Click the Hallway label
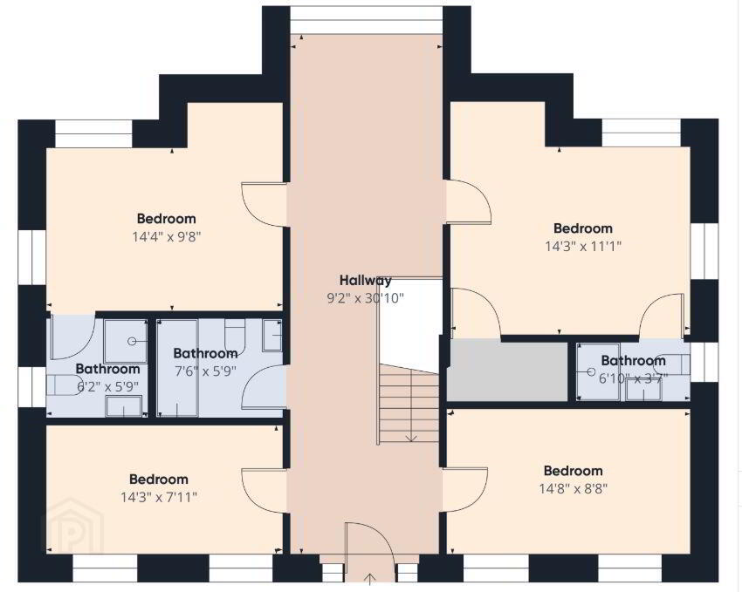(x=365, y=281)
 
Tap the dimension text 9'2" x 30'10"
(x=365, y=298)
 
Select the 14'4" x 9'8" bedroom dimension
(x=167, y=236)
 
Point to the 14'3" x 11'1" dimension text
(x=583, y=246)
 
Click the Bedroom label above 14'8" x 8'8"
(x=573, y=471)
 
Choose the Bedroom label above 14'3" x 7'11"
(x=159, y=479)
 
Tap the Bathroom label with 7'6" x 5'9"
(x=205, y=353)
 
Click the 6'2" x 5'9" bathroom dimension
(x=108, y=387)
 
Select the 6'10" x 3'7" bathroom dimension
(x=633, y=378)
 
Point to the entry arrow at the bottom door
(x=369, y=579)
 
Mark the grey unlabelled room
(x=507, y=371)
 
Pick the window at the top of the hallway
(x=367, y=20)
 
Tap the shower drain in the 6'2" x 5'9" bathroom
(x=132, y=341)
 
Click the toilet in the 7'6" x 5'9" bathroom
(x=235, y=336)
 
